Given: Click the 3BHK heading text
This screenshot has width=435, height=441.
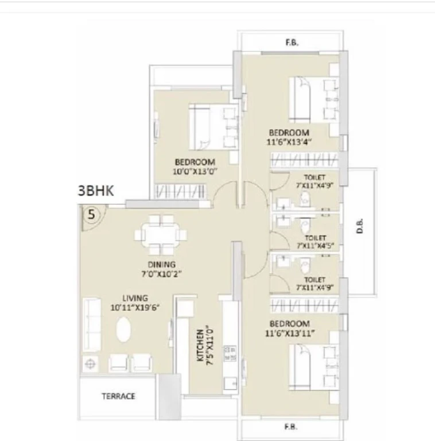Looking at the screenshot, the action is [x=96, y=191].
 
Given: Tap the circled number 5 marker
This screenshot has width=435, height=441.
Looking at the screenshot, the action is [x=92, y=215].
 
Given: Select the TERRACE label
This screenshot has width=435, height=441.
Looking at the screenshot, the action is [x=118, y=396].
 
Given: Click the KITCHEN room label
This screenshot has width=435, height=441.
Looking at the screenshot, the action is [x=200, y=345].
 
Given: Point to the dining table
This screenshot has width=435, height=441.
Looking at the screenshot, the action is [x=161, y=235].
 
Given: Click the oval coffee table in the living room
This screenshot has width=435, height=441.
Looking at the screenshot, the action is [x=123, y=330].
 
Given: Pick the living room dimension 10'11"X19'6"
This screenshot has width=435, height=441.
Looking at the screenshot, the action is [x=135, y=307].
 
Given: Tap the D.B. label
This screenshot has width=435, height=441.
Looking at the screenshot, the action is [x=360, y=226].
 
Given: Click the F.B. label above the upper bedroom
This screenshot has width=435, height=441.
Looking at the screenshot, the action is [x=292, y=42].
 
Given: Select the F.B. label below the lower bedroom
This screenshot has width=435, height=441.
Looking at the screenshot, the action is [x=291, y=427].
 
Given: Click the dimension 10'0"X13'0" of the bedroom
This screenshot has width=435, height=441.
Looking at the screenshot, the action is [x=195, y=171].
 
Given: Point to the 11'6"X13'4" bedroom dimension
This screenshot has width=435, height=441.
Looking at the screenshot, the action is [x=289, y=142].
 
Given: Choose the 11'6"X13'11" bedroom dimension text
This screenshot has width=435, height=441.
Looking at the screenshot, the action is [x=290, y=333].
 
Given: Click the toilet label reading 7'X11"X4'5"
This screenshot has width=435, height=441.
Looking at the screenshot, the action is [x=315, y=246].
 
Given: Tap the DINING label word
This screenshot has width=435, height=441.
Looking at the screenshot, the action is [x=162, y=264].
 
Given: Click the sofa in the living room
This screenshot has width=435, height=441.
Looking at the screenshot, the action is [x=92, y=324].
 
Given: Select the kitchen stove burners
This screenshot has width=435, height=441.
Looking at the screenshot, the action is [x=230, y=354].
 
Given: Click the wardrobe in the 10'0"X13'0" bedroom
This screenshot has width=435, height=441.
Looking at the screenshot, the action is [x=180, y=192].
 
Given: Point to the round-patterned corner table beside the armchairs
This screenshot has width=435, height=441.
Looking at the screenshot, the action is [x=90, y=364].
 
